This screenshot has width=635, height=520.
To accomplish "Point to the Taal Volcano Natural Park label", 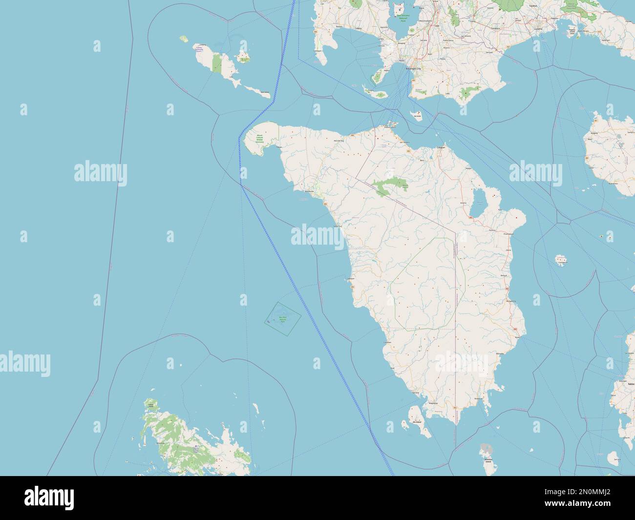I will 402,19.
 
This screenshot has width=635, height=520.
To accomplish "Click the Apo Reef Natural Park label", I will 281,319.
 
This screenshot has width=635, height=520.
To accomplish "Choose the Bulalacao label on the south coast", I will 479,398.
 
